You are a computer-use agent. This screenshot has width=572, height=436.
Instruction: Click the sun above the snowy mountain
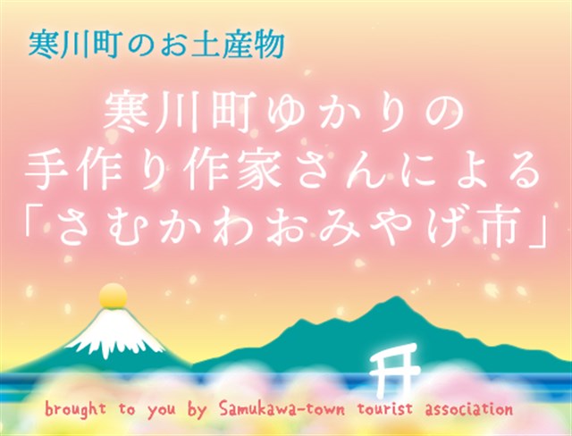pyautogui.click(x=114, y=296)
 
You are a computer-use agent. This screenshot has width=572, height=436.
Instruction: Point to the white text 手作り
pyautogui.click(x=99, y=170)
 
